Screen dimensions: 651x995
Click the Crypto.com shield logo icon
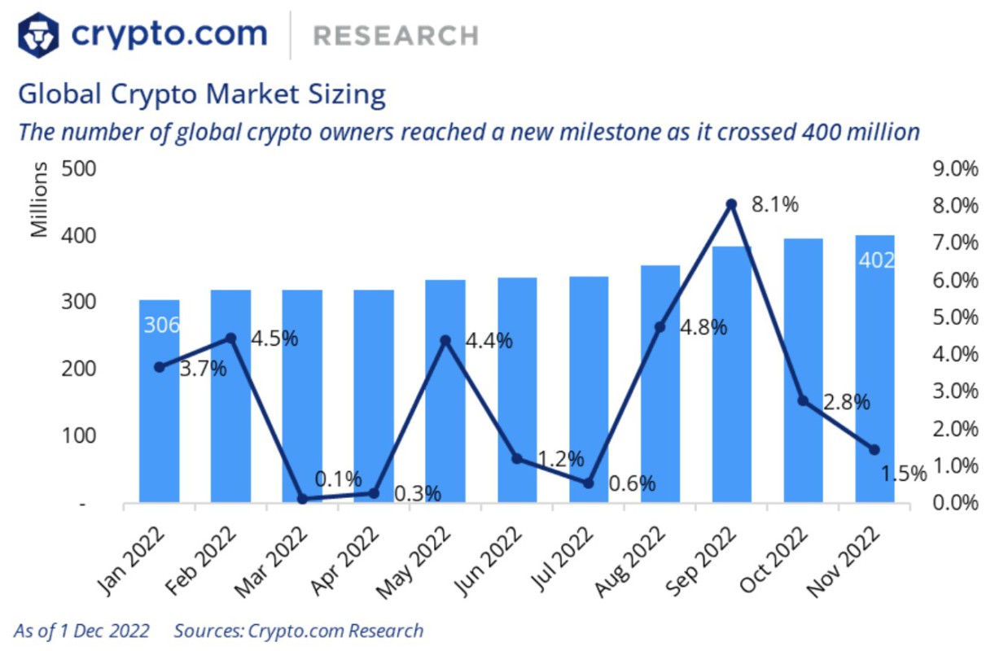[x=38, y=34]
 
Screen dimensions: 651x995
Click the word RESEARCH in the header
[x=396, y=36]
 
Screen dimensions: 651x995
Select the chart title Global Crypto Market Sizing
[x=201, y=94]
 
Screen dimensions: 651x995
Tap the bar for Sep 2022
[x=731, y=374]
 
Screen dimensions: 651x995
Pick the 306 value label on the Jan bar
[x=161, y=325]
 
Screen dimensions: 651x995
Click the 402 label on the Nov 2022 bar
[x=876, y=260]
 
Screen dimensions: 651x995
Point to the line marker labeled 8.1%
[x=731, y=204]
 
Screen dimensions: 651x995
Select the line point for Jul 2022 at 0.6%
[x=589, y=483]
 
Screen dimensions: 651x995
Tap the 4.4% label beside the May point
[x=489, y=340]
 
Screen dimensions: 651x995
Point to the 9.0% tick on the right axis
[x=953, y=169]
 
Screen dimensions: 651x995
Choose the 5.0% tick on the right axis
[x=953, y=317]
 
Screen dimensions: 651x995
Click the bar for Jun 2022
[x=518, y=391]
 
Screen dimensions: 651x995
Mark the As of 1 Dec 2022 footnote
[x=81, y=631]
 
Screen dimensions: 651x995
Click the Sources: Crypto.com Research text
[x=298, y=631]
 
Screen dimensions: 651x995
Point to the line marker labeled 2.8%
[x=803, y=400]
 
